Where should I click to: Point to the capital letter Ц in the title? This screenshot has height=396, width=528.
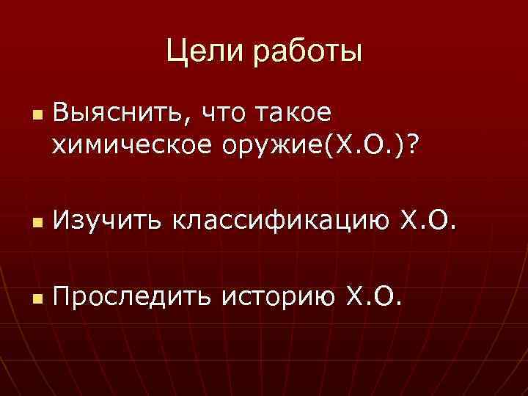(176, 52)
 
